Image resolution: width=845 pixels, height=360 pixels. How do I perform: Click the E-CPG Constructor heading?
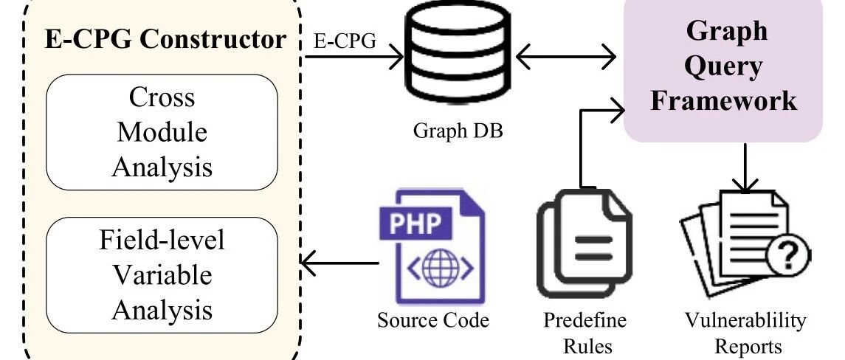[x=165, y=39]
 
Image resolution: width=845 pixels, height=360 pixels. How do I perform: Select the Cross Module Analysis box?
[x=162, y=132]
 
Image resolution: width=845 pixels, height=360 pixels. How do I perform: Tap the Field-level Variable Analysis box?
[x=162, y=275]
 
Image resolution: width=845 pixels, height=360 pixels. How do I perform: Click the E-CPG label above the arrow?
[x=345, y=41]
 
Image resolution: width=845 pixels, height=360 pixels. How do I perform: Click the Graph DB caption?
[x=458, y=131]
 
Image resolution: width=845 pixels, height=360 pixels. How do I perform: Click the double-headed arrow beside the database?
[x=566, y=55]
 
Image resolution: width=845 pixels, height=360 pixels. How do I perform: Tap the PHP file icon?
[x=432, y=246]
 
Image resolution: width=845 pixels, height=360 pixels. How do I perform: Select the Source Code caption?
[x=432, y=320]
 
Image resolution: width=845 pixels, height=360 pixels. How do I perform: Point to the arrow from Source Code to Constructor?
[x=339, y=263]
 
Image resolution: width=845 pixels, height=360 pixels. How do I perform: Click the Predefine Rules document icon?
[x=584, y=243]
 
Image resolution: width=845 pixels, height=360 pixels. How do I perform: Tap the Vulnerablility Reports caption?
[x=746, y=333]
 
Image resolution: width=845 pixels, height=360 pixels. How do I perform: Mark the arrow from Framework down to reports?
[x=745, y=167]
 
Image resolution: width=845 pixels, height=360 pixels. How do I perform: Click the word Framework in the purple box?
[x=723, y=100]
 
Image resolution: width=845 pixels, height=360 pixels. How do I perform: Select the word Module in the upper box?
[x=162, y=132]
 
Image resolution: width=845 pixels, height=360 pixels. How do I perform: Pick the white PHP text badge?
[x=414, y=223]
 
